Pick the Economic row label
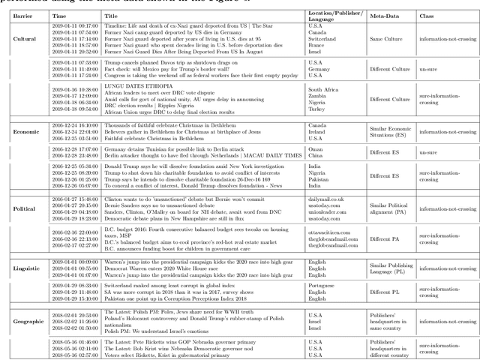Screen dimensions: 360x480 [x=28, y=132]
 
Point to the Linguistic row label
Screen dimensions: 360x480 [x=28, y=267]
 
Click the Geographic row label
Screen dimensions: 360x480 [x=29, y=321]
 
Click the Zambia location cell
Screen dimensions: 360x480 [x=319, y=94]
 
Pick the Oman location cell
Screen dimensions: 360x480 [x=314, y=149]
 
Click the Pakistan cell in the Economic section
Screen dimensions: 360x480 [x=320, y=179]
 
